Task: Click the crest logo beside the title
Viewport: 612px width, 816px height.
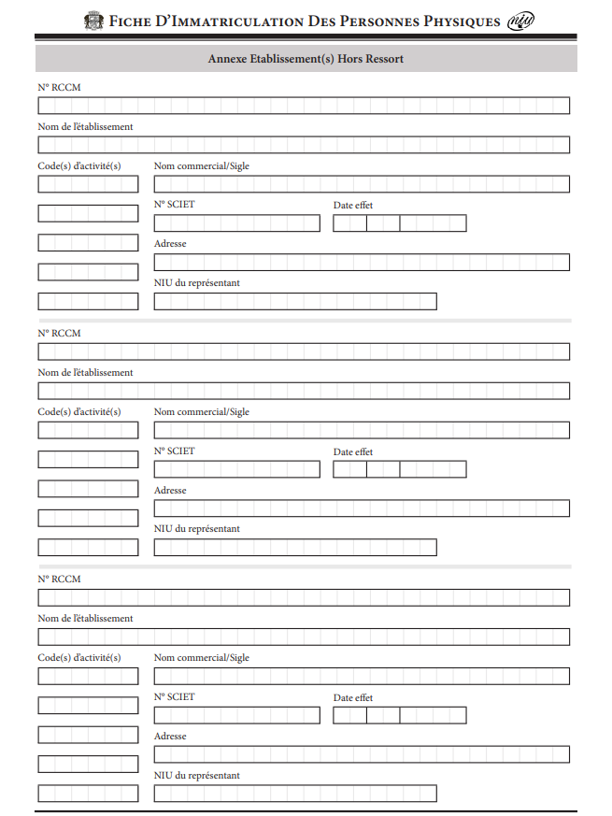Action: pos(94,21)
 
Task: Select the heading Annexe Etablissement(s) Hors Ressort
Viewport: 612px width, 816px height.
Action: pos(306,59)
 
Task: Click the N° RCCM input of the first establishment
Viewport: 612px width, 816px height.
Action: pos(304,106)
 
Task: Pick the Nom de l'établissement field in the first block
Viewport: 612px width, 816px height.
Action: pos(304,145)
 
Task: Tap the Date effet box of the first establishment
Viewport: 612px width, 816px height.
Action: pos(399,223)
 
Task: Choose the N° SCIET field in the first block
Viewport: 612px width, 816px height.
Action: pos(236,223)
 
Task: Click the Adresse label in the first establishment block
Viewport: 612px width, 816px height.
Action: pos(170,244)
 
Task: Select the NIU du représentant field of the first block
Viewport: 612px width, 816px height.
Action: pos(295,302)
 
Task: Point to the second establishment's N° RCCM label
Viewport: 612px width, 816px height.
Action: pos(59,333)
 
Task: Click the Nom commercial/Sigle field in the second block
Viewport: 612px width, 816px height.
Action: pos(362,430)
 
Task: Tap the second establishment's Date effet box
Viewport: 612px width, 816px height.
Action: pos(399,469)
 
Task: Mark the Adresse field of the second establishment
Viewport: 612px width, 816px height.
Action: pos(362,508)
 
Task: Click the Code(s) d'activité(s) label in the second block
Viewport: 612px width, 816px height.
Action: pos(79,411)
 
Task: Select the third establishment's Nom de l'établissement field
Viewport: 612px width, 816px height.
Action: pos(304,637)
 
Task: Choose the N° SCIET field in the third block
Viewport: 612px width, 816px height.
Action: pos(236,715)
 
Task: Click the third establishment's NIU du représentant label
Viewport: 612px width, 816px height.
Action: pos(196,775)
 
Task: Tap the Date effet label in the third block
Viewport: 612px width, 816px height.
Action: pos(352,697)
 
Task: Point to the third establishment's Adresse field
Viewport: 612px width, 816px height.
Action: pos(362,754)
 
